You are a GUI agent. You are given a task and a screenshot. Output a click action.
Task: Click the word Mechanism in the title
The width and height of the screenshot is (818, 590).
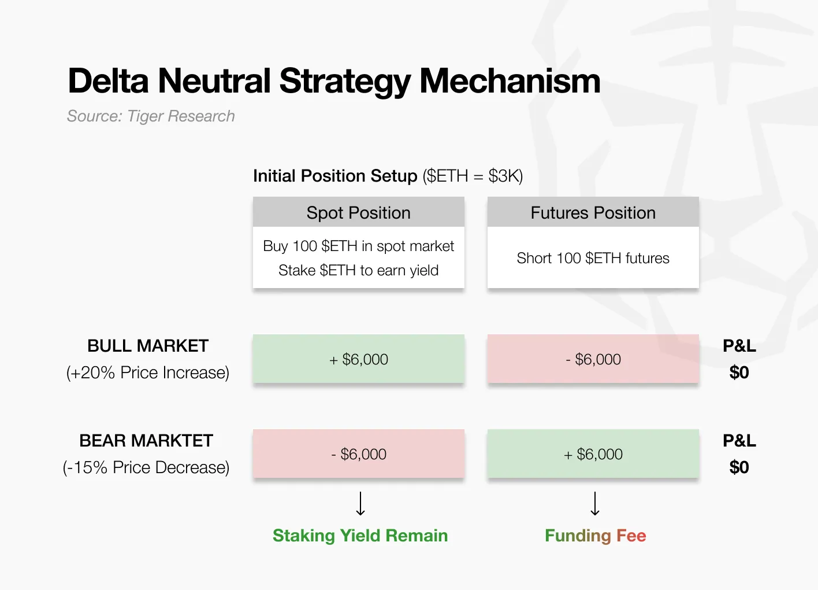(510, 80)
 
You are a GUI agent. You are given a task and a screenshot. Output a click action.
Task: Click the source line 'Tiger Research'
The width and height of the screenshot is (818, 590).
(181, 116)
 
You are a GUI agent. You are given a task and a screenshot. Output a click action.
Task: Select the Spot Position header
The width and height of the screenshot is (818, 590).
(359, 212)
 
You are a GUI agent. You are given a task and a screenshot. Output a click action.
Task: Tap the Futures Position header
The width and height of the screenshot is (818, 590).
(593, 212)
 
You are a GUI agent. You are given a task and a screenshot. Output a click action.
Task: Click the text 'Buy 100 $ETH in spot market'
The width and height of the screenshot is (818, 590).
(359, 246)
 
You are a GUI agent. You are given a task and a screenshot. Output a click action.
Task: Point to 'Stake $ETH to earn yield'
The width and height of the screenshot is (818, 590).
(359, 271)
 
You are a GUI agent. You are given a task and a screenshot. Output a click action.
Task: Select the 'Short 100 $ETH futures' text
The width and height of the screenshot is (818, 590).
(593, 258)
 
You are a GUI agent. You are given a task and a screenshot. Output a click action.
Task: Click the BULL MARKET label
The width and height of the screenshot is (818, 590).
(148, 346)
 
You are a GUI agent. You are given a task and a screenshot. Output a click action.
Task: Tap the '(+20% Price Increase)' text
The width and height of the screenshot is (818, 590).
(148, 373)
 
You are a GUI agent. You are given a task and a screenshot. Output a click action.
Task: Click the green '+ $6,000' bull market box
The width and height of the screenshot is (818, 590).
(359, 359)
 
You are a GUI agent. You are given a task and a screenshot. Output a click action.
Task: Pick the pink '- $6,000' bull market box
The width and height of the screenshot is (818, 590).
(593, 359)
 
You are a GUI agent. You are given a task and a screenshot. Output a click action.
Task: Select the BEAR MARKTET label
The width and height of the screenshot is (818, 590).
(146, 441)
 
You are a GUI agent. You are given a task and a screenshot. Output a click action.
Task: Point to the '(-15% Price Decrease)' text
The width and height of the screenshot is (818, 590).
(146, 467)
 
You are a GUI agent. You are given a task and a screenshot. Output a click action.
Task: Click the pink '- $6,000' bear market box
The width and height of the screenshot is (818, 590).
(359, 453)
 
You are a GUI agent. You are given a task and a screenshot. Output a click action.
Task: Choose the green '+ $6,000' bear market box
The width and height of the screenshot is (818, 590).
(593, 453)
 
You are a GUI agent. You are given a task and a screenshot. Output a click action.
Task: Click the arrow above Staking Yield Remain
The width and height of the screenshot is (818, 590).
(360, 503)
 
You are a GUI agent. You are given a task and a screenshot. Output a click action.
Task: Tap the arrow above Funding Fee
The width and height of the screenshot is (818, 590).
(595, 503)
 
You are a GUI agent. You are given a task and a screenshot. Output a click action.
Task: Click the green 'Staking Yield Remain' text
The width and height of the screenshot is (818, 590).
(360, 536)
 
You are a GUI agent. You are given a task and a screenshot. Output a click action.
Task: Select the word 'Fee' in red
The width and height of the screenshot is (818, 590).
(631, 536)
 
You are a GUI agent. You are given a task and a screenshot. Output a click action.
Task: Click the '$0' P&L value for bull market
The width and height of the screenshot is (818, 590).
(739, 373)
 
